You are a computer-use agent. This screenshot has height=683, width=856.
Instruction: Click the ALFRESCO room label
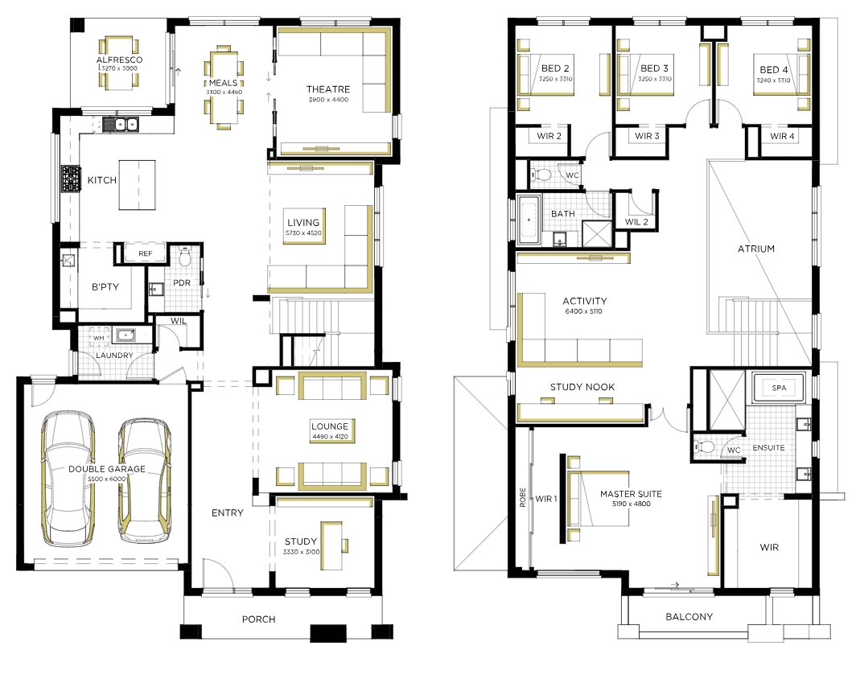point(119,60)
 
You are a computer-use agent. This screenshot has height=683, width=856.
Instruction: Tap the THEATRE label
point(328,89)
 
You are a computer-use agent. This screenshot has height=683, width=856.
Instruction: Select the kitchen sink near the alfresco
point(121,125)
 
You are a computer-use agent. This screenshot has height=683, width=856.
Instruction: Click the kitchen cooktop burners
point(71,179)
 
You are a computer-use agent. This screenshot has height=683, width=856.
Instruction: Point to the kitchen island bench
point(137,185)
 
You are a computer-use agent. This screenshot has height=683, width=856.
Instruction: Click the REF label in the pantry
point(145,253)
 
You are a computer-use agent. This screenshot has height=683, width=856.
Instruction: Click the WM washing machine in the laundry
point(98,338)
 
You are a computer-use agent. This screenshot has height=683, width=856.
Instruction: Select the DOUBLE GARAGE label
point(107,469)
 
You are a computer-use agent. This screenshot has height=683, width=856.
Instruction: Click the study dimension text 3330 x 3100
point(302,552)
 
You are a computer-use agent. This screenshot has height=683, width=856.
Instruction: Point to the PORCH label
point(259,619)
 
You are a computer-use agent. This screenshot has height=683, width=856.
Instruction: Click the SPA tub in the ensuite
point(779,388)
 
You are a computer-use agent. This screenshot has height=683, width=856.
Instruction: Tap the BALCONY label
point(689,616)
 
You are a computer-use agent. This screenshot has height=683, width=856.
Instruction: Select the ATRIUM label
point(756,249)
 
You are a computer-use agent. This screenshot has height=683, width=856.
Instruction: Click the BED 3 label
point(654,68)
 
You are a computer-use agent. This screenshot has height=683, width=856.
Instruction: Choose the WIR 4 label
point(782,136)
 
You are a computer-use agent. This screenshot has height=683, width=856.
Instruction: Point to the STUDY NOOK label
point(582,387)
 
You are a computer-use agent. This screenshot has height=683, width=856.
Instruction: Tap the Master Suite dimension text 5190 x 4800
point(631,504)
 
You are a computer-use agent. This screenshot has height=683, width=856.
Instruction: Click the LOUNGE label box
point(331,430)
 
